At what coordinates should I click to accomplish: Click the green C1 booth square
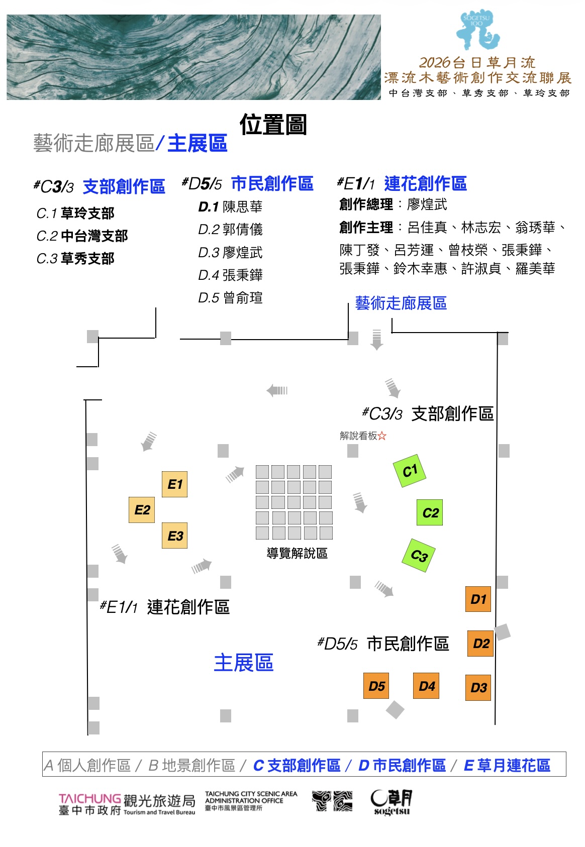tap(410, 471)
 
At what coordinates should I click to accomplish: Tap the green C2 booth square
tap(430, 512)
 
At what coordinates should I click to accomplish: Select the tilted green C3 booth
tap(419, 556)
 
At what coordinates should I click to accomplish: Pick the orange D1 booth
tap(478, 599)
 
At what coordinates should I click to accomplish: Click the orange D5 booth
tap(376, 686)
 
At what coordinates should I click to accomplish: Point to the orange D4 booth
tap(426, 686)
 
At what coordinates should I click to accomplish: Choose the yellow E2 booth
tap(142, 510)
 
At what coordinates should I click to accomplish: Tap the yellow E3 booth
tap(175, 536)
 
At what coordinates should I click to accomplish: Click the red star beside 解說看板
tap(382, 436)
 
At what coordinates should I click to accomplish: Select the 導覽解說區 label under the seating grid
tap(297, 553)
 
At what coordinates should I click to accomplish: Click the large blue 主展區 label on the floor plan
tap(244, 663)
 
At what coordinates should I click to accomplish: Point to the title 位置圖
tap(273, 124)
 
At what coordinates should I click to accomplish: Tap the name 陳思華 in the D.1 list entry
tap(243, 206)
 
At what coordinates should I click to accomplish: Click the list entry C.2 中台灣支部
tap(82, 236)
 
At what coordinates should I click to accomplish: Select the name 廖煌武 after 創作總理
tap(427, 204)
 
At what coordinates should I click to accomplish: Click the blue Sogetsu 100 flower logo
tap(478, 30)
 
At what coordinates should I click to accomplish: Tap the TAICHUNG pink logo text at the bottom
tap(89, 799)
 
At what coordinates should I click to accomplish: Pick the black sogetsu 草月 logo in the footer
tap(392, 802)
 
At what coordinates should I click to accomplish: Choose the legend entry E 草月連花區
tap(507, 765)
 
